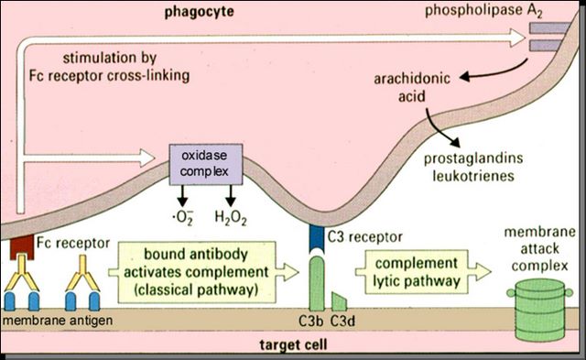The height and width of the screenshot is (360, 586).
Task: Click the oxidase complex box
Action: pyautogui.click(x=206, y=165)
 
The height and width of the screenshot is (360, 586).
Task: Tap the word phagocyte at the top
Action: pyautogui.click(x=200, y=12)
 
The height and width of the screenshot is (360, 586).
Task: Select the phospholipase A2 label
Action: pyautogui.click(x=483, y=11)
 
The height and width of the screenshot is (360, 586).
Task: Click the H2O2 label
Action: pyautogui.click(x=231, y=218)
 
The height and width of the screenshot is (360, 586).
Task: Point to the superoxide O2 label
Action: pyautogui.click(x=183, y=218)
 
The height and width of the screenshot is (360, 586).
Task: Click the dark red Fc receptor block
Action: pyautogui.click(x=22, y=247)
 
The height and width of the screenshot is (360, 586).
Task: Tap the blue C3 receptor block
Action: pyautogui.click(x=316, y=239)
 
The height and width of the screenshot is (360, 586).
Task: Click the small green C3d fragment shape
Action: pyautogui.click(x=339, y=302)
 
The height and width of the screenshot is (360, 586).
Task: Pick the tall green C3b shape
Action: pyautogui.click(x=317, y=283)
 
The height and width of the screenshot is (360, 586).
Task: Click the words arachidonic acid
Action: pyautogui.click(x=412, y=87)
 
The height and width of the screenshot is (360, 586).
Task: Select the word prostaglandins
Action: pyautogui.click(x=473, y=158)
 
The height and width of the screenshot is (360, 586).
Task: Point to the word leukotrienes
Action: pyautogui.click(x=473, y=176)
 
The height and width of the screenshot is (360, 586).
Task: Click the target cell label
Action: pyautogui.click(x=293, y=344)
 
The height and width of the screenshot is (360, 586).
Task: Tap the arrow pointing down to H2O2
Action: pyautogui.click(x=231, y=195)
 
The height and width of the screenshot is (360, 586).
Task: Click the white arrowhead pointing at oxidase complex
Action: pyautogui.click(x=147, y=158)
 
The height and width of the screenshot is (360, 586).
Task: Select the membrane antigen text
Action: pyautogui.click(x=58, y=321)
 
